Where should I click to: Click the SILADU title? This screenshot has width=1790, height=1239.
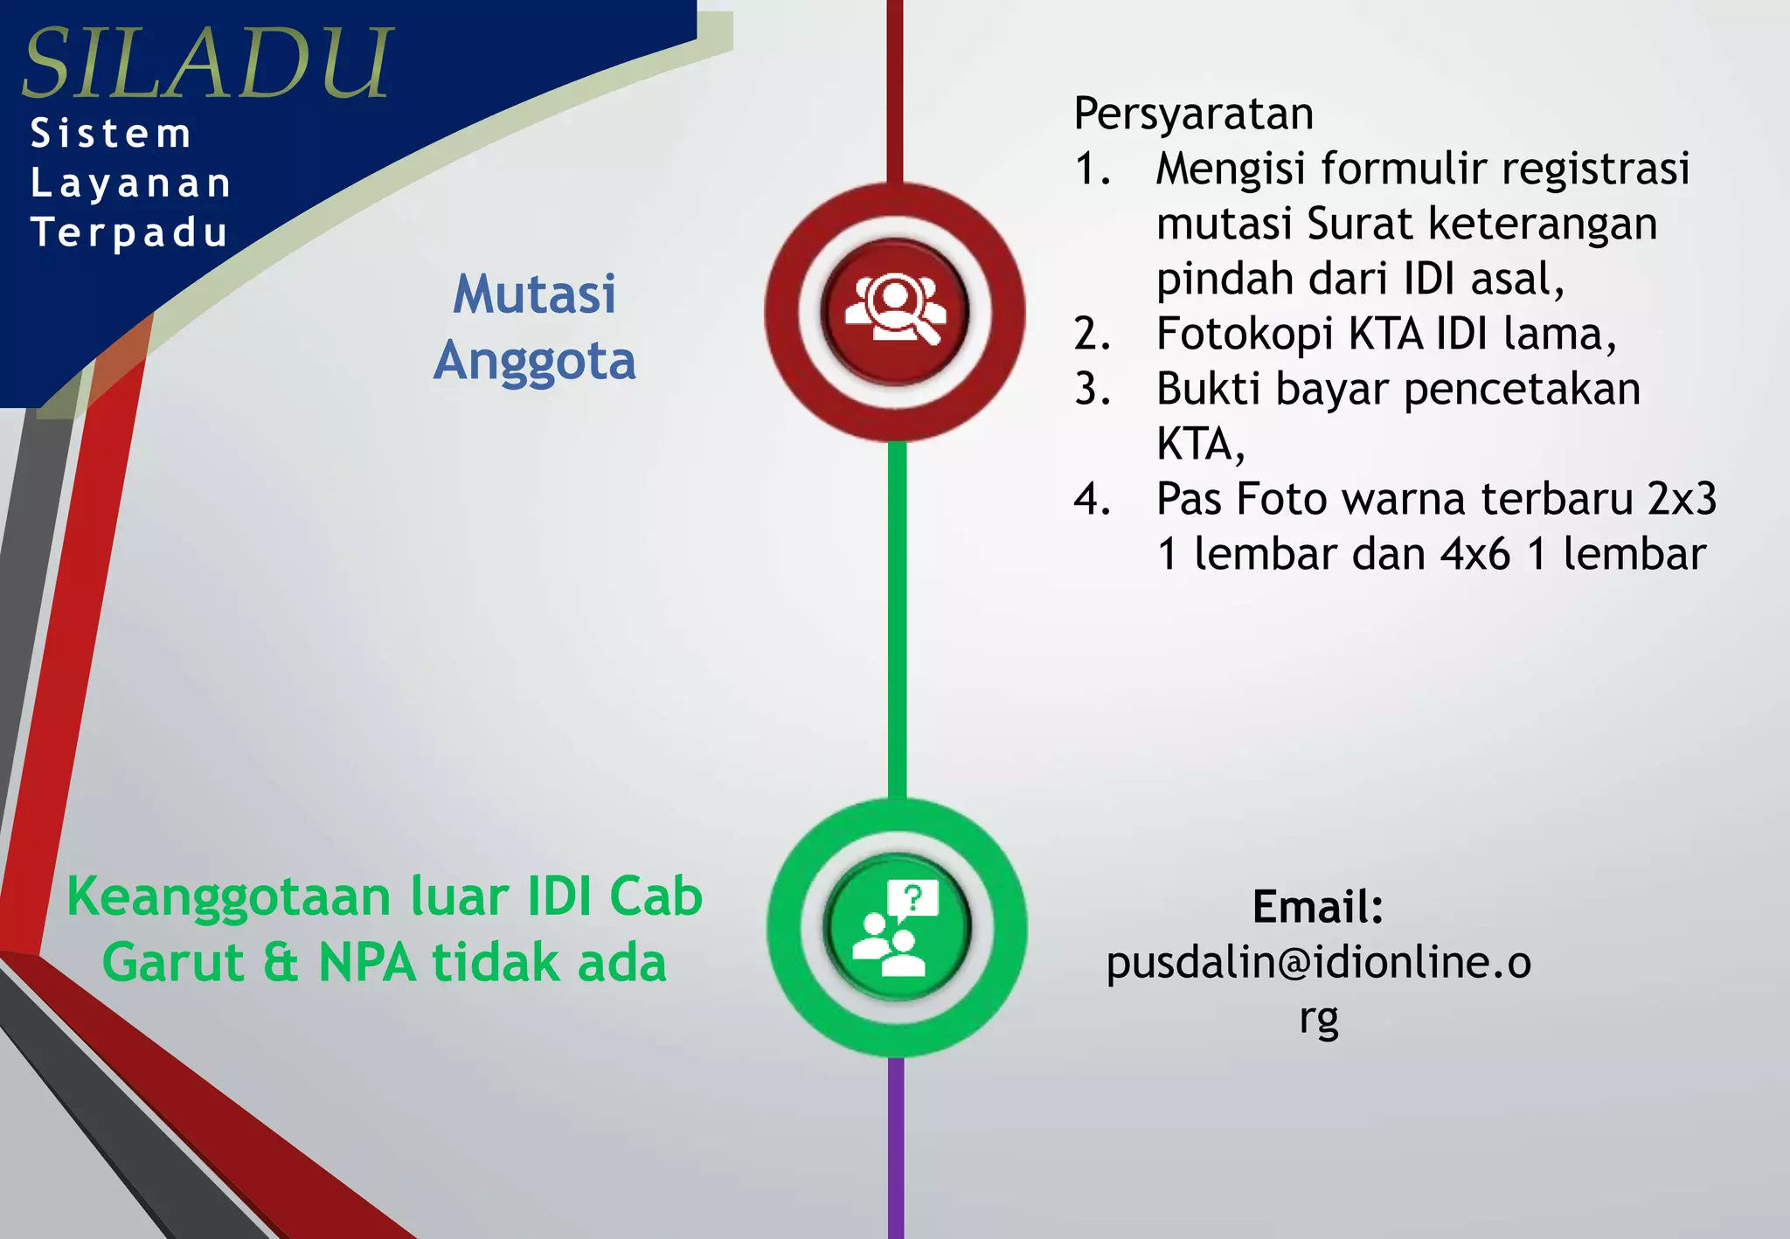coord(207,63)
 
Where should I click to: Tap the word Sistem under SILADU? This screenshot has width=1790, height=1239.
coord(111,134)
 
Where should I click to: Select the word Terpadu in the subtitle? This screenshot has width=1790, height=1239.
coord(129,233)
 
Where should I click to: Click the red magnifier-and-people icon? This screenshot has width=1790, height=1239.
coord(894,311)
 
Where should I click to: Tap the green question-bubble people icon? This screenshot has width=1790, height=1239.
coord(896,927)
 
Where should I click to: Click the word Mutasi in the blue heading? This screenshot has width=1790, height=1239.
coord(534,294)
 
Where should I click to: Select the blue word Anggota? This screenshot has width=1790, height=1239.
coord(534,361)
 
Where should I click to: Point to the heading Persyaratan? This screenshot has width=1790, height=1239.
coord(1193,114)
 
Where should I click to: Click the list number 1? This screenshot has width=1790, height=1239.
coord(1092,169)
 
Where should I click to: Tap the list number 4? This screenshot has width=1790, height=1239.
coord(1092,499)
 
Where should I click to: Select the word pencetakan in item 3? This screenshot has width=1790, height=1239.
coord(1522,390)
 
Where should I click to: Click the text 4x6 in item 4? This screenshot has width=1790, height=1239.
coord(1475,554)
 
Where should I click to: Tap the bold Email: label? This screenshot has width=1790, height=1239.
coord(1317,906)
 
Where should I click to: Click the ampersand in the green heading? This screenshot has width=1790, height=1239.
coord(280,963)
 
